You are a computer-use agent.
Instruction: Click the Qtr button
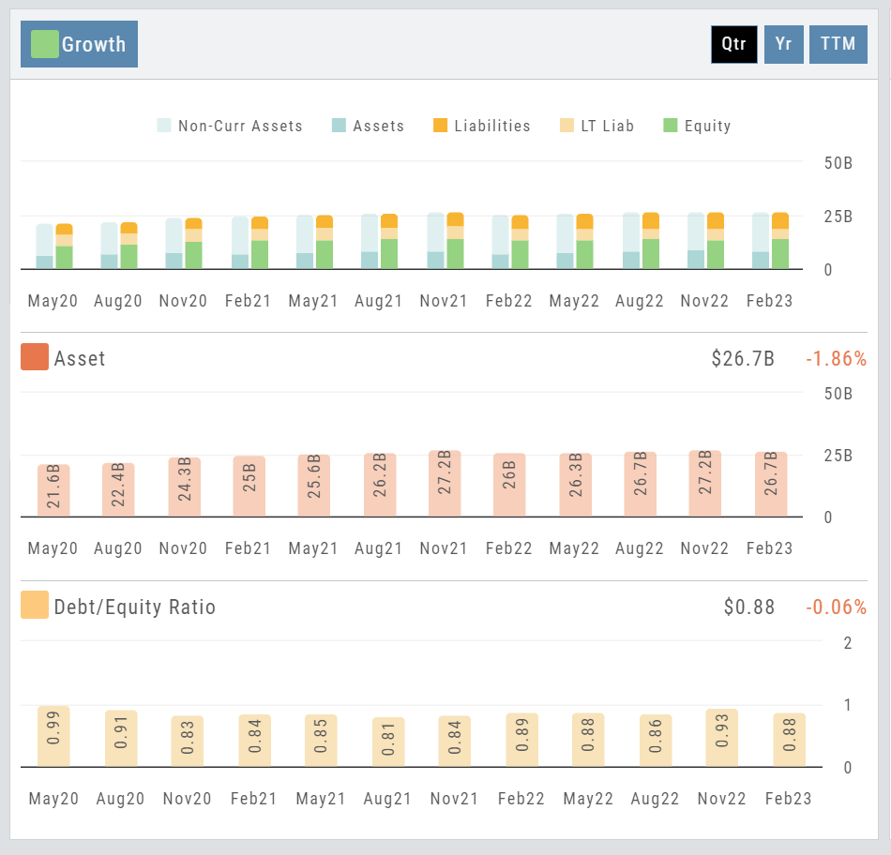click(x=733, y=44)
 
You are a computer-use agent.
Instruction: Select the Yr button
click(x=784, y=44)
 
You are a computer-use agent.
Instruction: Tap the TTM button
click(x=838, y=44)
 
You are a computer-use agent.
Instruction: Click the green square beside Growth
click(x=45, y=44)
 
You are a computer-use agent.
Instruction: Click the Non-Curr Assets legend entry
click(x=230, y=126)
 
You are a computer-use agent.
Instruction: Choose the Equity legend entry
click(x=697, y=126)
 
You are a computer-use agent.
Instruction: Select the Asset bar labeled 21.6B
click(x=53, y=489)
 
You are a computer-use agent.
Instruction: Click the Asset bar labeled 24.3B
click(x=184, y=486)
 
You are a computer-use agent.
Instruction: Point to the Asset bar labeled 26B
click(x=509, y=484)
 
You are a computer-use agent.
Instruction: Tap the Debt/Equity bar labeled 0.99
click(x=53, y=737)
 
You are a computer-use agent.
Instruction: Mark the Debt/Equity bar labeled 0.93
click(x=720, y=739)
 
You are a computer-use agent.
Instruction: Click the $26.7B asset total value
click(x=743, y=358)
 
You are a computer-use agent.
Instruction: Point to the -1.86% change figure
click(x=836, y=358)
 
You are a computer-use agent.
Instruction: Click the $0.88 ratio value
click(x=749, y=607)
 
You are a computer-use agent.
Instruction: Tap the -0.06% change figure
click(x=836, y=607)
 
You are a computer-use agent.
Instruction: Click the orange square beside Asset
click(x=35, y=357)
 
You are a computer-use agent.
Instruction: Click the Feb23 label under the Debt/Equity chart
click(x=788, y=799)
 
